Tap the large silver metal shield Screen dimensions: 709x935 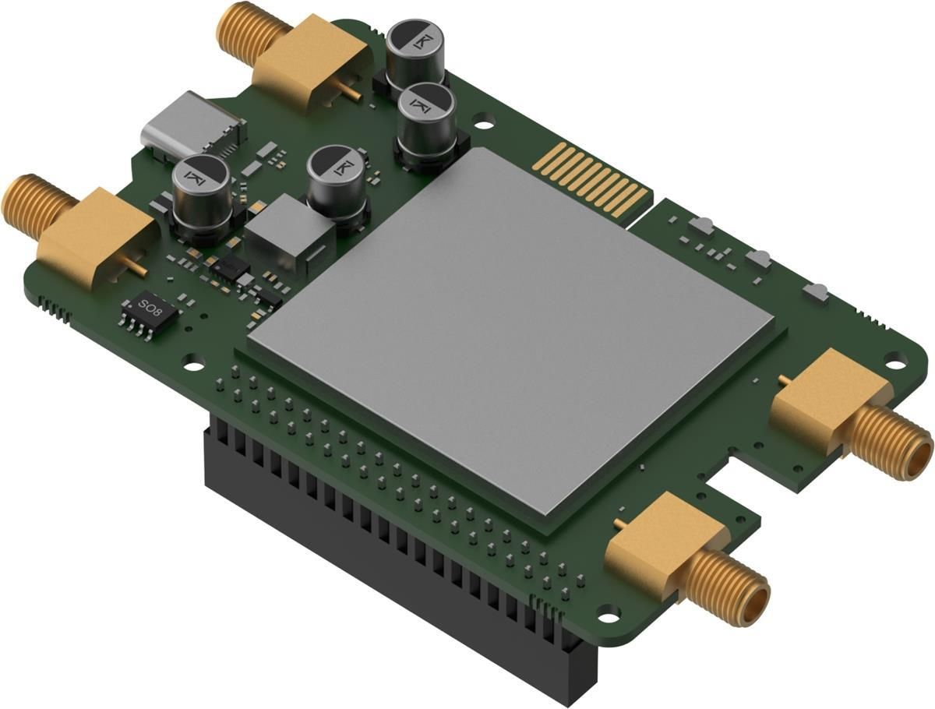point(510,327)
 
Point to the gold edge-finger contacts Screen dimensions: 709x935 point(592,179)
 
